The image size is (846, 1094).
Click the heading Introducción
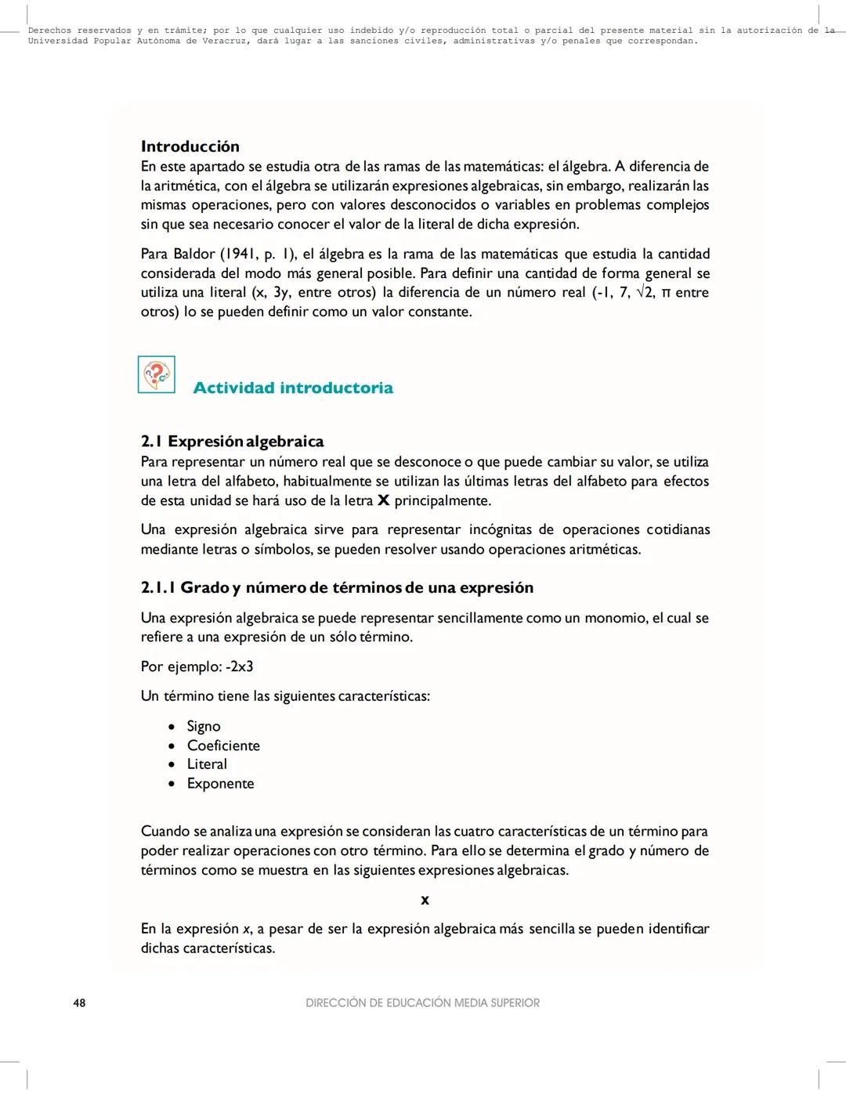(190, 146)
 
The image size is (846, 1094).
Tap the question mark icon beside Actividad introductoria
(157, 374)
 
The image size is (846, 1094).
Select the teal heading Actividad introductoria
(293, 388)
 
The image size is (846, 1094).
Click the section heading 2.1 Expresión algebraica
(232, 441)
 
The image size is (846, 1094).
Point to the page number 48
(79, 1002)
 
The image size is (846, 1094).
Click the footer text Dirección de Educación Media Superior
(422, 1002)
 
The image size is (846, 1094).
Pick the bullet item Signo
(204, 726)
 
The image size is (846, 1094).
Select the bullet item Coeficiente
(223, 746)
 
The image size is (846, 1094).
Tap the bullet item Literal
(207, 764)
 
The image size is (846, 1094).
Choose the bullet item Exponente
(220, 783)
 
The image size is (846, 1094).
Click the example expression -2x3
(239, 666)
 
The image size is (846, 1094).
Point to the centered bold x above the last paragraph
(425, 900)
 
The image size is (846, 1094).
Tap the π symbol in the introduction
(665, 293)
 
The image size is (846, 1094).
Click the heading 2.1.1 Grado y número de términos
(337, 587)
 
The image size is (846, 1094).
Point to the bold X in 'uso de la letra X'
(383, 500)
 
